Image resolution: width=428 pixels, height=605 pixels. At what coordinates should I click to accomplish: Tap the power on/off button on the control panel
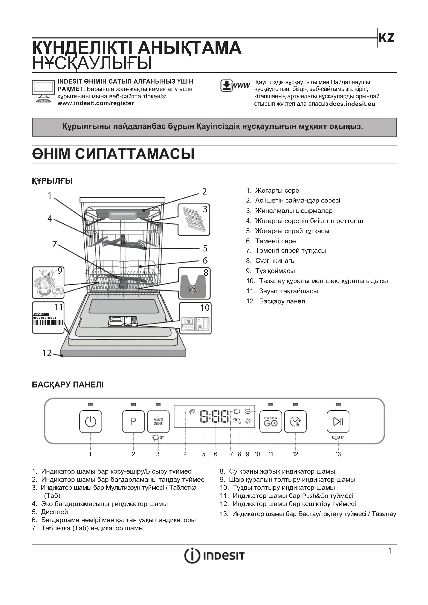click(x=90, y=422)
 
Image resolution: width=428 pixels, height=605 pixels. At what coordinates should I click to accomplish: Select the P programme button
click(x=133, y=422)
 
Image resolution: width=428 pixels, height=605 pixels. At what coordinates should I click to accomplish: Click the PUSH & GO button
click(x=271, y=422)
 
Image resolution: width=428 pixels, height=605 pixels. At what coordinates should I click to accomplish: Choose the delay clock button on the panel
click(x=295, y=422)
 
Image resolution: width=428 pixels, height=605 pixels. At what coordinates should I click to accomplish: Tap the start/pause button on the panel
click(x=338, y=422)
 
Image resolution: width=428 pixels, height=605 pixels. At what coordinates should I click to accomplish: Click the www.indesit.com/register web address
click(x=96, y=103)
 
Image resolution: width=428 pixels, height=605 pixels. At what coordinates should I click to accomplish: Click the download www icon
click(x=234, y=86)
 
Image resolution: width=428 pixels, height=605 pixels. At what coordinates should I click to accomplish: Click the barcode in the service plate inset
click(x=48, y=323)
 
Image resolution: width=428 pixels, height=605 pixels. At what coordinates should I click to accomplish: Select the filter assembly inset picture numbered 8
click(x=194, y=283)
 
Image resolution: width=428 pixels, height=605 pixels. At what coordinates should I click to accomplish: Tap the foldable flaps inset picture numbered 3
click(x=194, y=220)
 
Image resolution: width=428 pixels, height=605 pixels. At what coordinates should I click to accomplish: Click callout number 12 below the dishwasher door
click(x=47, y=353)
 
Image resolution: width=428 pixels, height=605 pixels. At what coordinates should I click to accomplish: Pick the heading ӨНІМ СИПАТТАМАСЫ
click(x=113, y=154)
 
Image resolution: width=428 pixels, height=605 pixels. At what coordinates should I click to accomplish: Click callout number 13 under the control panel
click(x=338, y=454)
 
